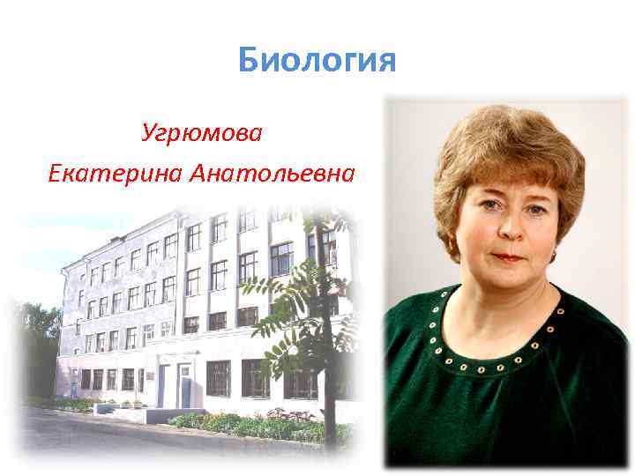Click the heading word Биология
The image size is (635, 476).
coord(317,63)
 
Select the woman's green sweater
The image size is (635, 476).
coord(494,397)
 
